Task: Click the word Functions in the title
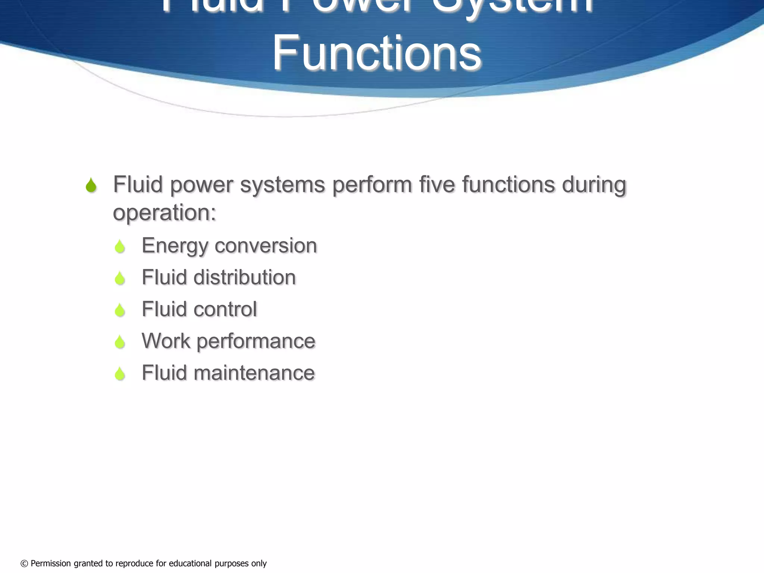click(377, 53)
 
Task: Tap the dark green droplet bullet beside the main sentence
click(91, 185)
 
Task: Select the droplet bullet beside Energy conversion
click(120, 247)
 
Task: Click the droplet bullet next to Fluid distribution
click(120, 278)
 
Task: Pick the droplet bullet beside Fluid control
click(120, 310)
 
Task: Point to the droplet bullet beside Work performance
click(120, 342)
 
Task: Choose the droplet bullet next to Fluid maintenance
click(120, 373)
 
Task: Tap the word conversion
click(266, 245)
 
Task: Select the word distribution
click(244, 278)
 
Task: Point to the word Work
click(166, 341)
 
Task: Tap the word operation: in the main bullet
click(165, 213)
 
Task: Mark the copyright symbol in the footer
click(24, 564)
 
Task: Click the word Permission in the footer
click(51, 563)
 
